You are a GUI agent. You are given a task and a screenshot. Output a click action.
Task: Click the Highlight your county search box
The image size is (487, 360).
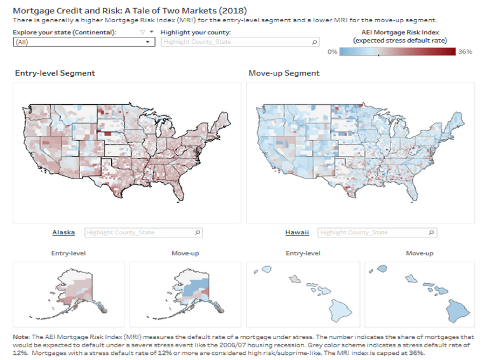click(238, 42)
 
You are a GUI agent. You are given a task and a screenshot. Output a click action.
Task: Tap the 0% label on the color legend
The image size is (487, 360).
click(332, 51)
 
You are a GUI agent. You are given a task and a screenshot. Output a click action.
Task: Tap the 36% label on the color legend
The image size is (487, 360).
click(465, 51)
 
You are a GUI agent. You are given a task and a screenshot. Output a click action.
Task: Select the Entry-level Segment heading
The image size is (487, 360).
click(55, 73)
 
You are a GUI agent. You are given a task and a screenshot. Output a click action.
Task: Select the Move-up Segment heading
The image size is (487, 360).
click(284, 73)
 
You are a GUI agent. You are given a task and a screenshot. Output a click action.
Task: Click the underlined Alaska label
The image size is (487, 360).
click(63, 232)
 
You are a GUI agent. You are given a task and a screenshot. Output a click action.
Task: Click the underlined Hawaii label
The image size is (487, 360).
click(297, 232)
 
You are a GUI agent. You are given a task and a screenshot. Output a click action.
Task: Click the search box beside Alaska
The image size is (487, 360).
click(143, 232)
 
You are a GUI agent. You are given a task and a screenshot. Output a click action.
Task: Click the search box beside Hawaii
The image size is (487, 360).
click(377, 232)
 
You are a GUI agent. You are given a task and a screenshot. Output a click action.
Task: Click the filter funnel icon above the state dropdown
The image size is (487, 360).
click(142, 32)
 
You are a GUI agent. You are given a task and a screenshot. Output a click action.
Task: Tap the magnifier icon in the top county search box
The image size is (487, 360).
click(314, 42)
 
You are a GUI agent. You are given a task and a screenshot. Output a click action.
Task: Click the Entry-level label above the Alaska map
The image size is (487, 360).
click(69, 253)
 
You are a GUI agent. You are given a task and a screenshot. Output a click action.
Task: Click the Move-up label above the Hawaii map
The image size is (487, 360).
click(420, 253)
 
